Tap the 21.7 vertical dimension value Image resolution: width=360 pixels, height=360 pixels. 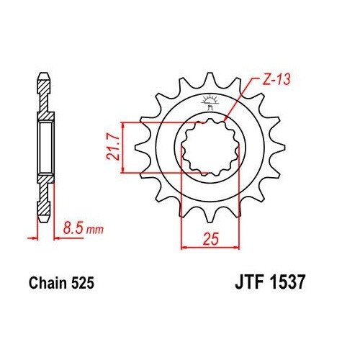coord(113,147)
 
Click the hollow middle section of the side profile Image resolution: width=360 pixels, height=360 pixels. coord(45,148)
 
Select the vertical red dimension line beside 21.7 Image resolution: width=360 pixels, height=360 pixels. coord(125,148)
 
